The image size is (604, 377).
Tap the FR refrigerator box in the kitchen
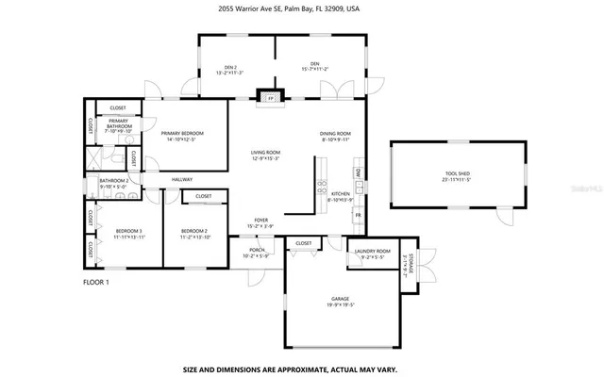tap(358, 216)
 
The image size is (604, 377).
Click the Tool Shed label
tap(459, 174)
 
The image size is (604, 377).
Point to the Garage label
tap(341, 298)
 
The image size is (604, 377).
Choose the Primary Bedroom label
tap(182, 133)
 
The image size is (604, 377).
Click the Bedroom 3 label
tap(129, 231)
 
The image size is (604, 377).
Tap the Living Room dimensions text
tap(265, 158)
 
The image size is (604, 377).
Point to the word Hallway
tap(182, 179)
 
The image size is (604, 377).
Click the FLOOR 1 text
tap(96, 282)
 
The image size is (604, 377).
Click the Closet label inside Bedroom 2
tap(204, 196)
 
